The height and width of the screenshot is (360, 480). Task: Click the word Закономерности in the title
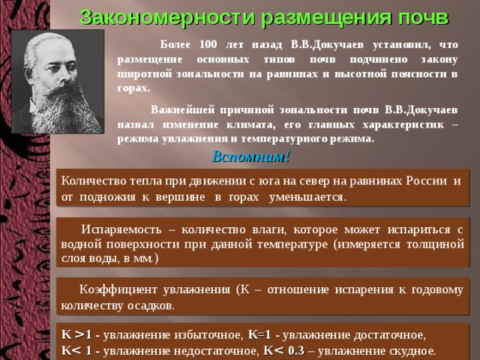pos(167,17)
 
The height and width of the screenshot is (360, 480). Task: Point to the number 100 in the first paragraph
pos(208,45)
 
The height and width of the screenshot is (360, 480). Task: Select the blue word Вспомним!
pos(250,157)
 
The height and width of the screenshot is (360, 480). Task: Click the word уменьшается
pos(307,197)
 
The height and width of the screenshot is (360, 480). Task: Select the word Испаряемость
pos(121,230)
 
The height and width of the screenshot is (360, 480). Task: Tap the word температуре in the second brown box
pos(292,245)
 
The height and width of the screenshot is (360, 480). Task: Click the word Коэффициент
pos(118,290)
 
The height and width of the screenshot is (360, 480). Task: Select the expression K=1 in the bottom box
pos(259,335)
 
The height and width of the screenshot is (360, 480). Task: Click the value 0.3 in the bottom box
pos(296,351)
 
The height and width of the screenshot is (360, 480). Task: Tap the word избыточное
pos(208,335)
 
